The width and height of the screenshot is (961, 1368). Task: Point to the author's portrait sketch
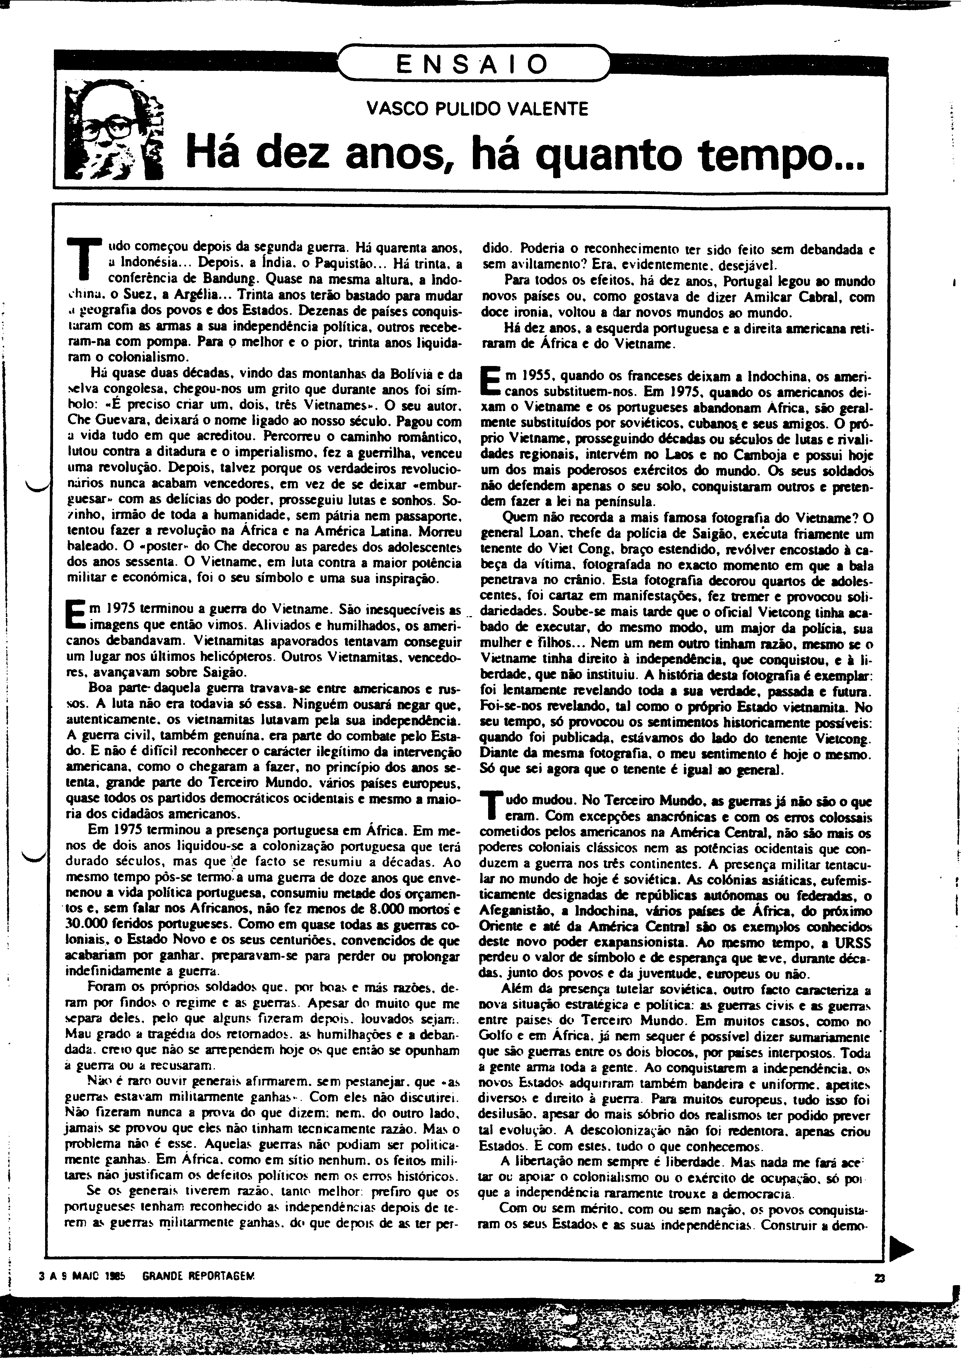[113, 131]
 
